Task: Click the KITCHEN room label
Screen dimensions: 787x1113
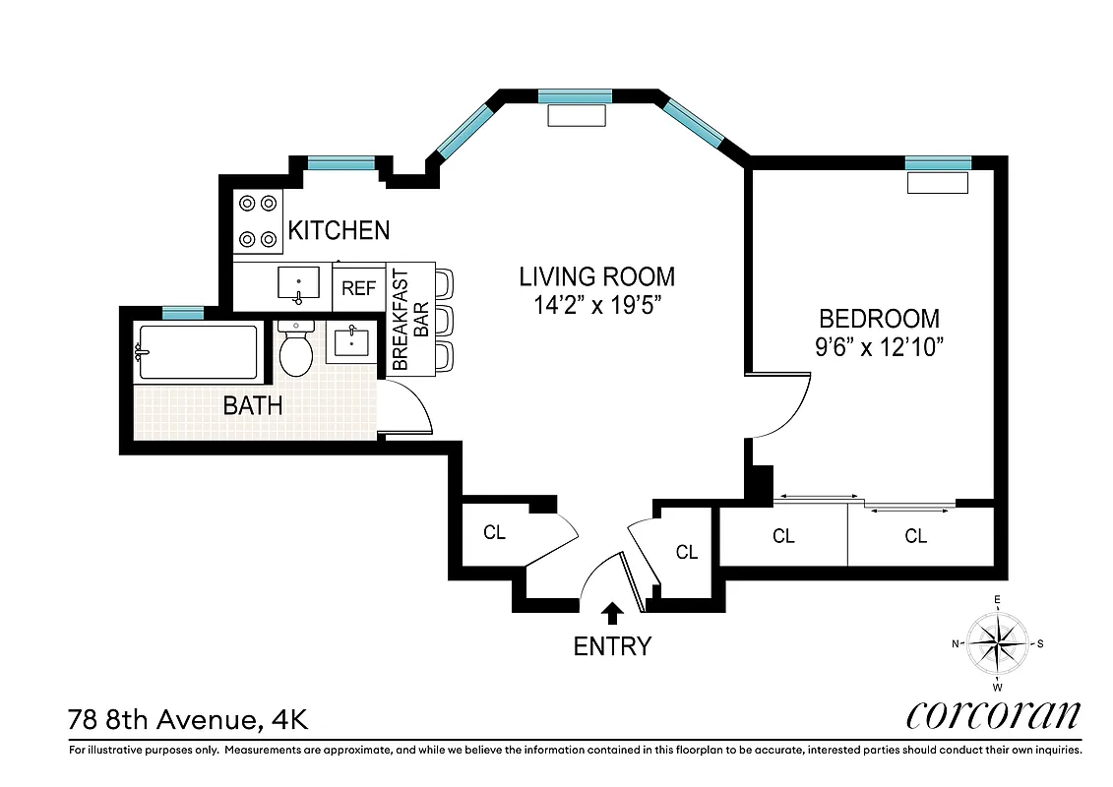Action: click(338, 230)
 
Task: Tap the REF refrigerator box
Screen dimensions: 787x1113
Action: click(359, 288)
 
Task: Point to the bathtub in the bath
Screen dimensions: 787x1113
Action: click(198, 352)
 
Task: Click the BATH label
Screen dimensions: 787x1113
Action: click(253, 404)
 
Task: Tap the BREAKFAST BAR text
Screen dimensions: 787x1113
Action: click(410, 320)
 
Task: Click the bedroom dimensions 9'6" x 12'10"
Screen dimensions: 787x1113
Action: click(879, 347)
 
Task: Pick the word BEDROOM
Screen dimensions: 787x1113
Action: click(879, 319)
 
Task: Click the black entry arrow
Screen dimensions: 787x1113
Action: click(612, 614)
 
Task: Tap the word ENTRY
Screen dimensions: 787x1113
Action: click(612, 646)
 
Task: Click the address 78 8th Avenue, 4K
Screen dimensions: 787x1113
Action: click(188, 719)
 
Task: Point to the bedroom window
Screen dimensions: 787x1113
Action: click(937, 163)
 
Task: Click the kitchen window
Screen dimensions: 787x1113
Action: click(340, 163)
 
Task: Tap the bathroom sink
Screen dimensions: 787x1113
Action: click(351, 343)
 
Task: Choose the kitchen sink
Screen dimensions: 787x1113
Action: click(298, 284)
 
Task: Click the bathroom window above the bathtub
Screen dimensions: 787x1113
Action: click(182, 313)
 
